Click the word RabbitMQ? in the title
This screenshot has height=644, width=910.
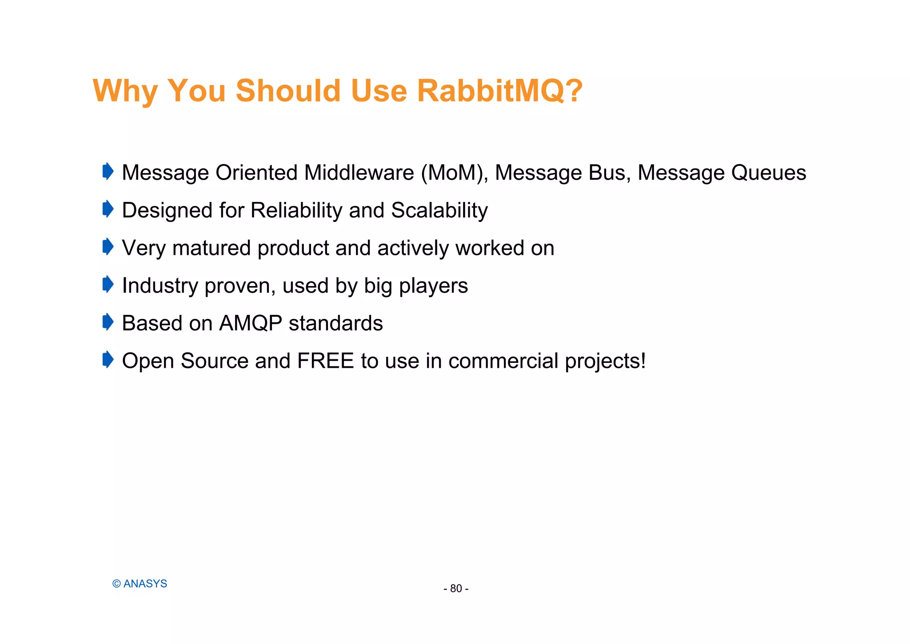tap(499, 91)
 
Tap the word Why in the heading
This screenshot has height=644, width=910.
tap(125, 91)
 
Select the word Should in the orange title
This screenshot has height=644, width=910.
tap(288, 91)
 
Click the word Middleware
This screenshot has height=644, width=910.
tap(359, 173)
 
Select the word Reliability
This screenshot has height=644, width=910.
tap(296, 210)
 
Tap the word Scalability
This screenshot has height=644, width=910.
tap(439, 210)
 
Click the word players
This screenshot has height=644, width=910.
tap(433, 286)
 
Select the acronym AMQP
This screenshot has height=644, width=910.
tap(251, 323)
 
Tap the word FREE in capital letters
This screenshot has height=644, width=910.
tap(325, 361)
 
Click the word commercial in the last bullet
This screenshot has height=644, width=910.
tap(503, 361)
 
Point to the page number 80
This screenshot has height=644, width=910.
tap(456, 589)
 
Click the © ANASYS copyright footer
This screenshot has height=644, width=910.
tap(140, 584)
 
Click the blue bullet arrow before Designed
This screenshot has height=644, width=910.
tap(108, 209)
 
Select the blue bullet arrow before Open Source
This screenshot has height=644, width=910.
tap(108, 359)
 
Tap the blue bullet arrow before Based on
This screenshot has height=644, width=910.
tap(108, 322)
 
